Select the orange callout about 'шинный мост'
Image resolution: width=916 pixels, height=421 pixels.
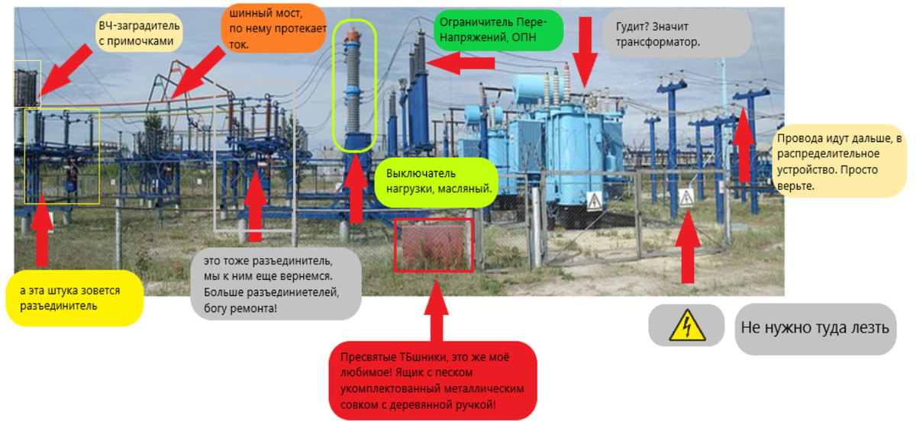point(273,28)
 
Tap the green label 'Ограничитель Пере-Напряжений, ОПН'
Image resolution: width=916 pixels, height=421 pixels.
point(498,29)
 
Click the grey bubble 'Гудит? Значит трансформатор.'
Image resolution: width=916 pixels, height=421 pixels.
point(676,33)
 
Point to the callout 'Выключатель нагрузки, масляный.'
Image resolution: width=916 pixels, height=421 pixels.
point(436,181)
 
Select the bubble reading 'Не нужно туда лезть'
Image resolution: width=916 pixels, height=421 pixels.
point(814,329)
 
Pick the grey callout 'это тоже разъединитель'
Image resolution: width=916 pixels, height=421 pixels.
point(276,283)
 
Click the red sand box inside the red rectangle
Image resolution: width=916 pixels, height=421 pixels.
point(434,245)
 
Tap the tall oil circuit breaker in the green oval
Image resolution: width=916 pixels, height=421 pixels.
point(353,84)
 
